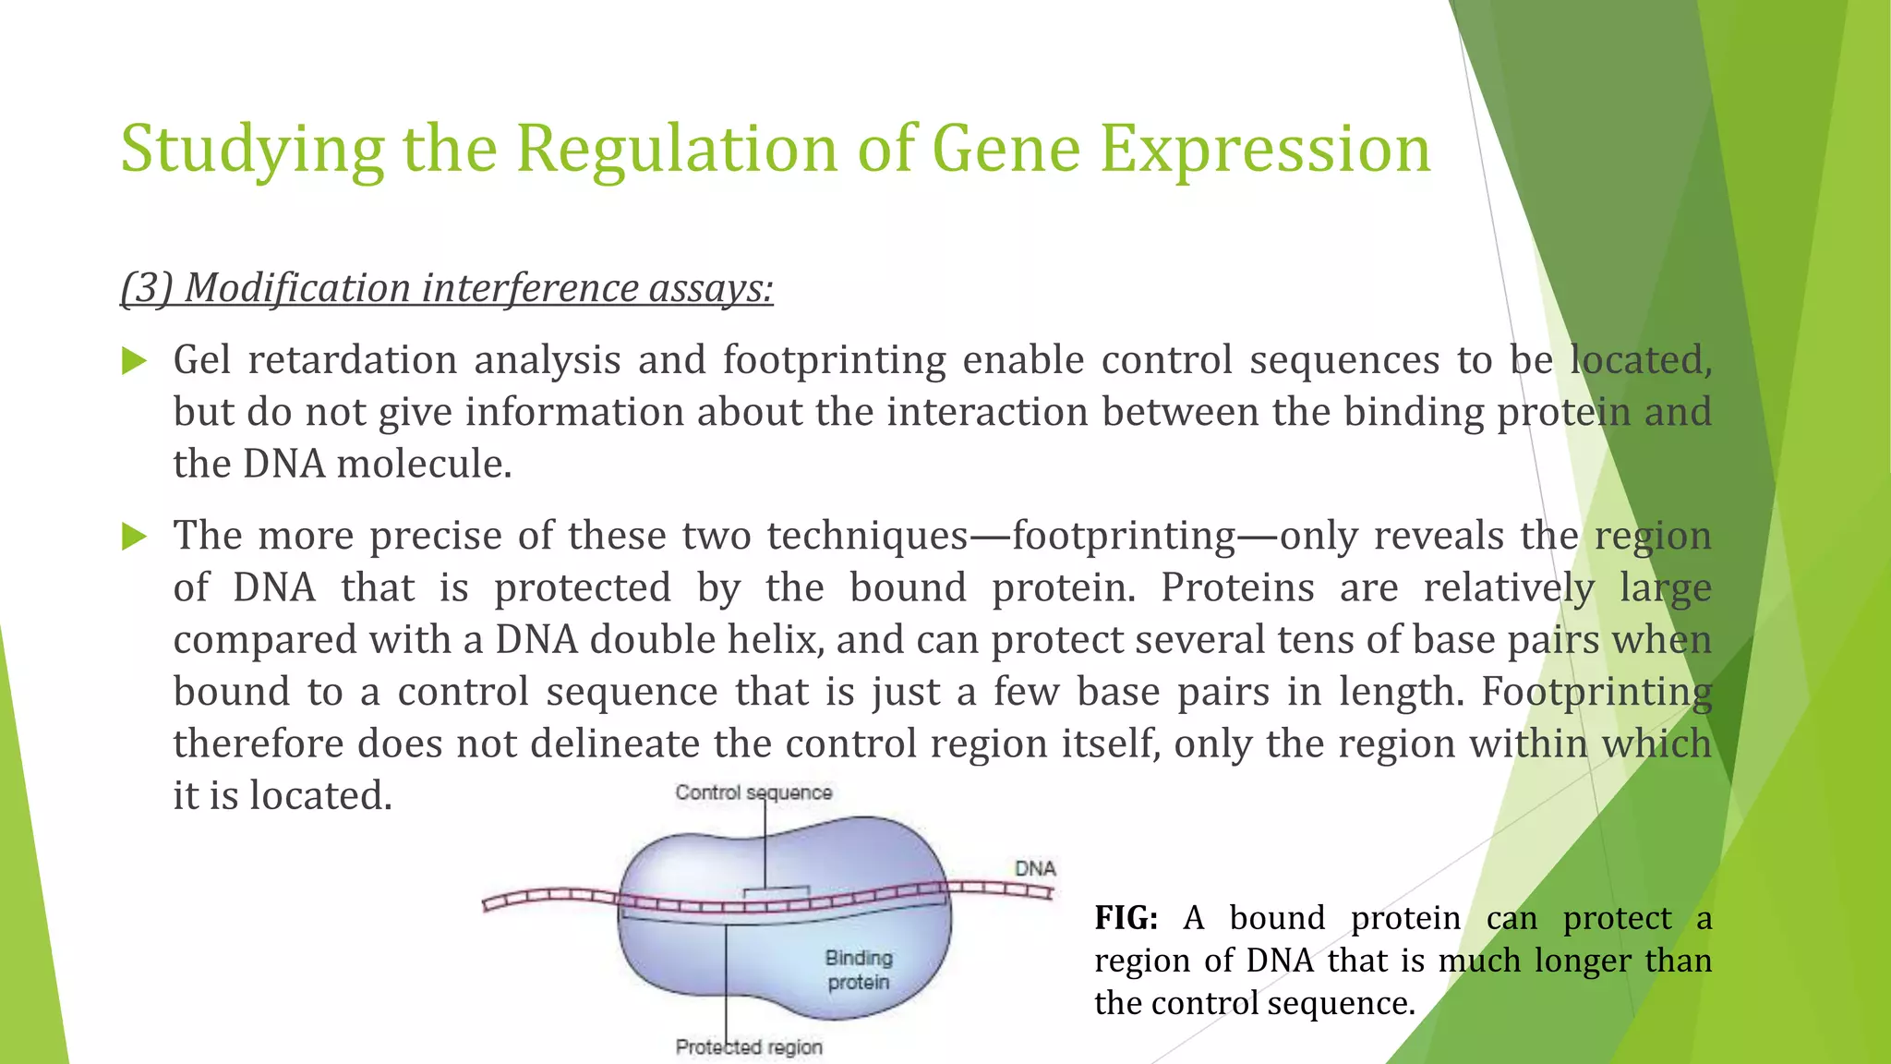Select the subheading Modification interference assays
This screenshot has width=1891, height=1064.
pyautogui.click(x=447, y=288)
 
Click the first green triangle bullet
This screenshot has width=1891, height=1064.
pyautogui.click(x=135, y=361)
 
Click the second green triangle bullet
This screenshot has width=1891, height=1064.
pyautogui.click(x=135, y=537)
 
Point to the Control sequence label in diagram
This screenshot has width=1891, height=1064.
pyautogui.click(x=753, y=792)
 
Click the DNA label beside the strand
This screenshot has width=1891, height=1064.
pyautogui.click(x=1035, y=868)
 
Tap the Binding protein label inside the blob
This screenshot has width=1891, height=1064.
pyautogui.click(x=859, y=970)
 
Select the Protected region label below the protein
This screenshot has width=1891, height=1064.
pyautogui.click(x=749, y=1047)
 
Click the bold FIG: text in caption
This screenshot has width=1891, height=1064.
pyautogui.click(x=1126, y=918)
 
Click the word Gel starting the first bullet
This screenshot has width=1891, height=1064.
pyautogui.click(x=201, y=360)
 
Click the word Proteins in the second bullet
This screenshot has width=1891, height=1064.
pyautogui.click(x=1236, y=587)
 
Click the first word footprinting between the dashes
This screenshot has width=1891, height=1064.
pyautogui.click(x=1124, y=536)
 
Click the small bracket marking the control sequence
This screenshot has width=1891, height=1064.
pyautogui.click(x=777, y=890)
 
